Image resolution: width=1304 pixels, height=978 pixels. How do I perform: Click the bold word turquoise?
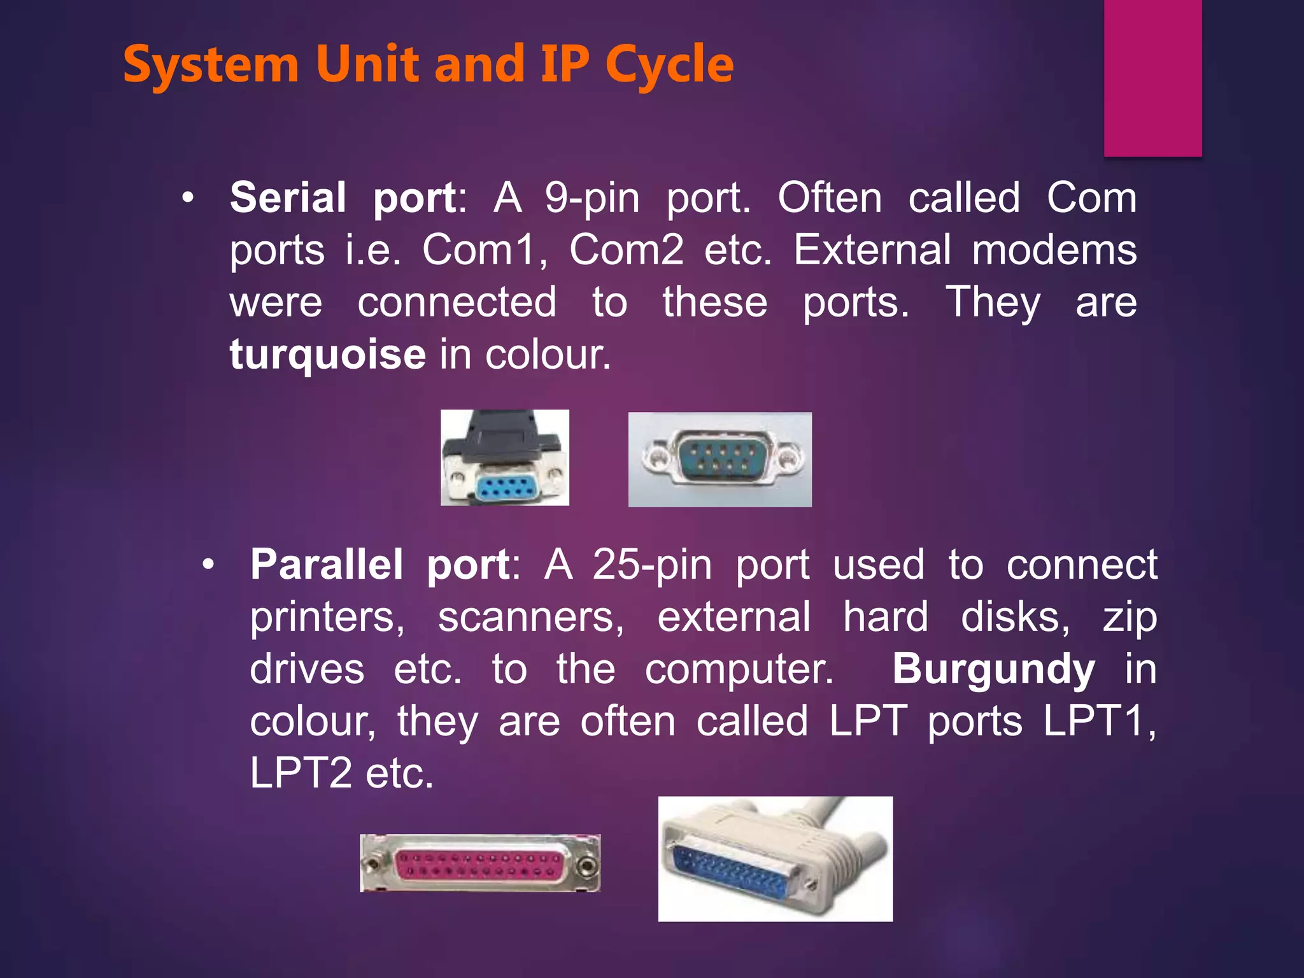pos(327,354)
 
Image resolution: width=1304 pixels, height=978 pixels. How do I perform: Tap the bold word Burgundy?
pos(993,669)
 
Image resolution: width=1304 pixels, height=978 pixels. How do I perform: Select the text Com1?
pos(485,250)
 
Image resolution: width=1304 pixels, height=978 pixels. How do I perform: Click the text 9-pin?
pos(592,197)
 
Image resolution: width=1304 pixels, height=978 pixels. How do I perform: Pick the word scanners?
pos(531,617)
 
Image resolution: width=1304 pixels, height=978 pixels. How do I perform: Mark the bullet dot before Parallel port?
pos(208,565)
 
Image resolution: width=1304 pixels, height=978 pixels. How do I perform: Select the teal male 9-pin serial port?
pos(720,459)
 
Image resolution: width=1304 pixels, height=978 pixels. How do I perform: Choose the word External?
pos(872,250)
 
